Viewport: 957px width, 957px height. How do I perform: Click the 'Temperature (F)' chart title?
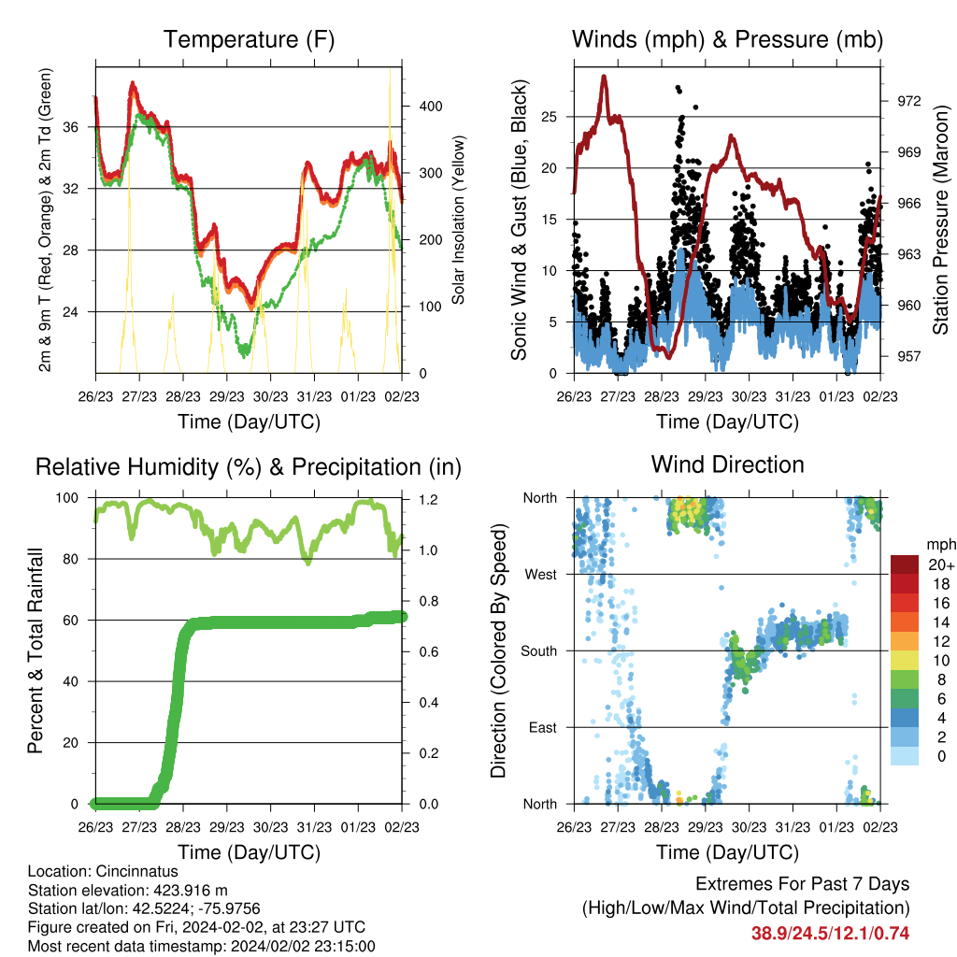point(249,39)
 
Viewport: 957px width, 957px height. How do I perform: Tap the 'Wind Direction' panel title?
point(727,464)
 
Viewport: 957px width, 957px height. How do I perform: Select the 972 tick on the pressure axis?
point(908,101)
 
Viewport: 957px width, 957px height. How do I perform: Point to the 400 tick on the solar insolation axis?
point(430,107)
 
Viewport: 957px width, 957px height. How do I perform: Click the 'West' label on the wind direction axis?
point(541,575)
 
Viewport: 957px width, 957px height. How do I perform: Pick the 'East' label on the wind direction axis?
point(543,727)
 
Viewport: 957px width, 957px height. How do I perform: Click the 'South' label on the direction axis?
point(539,651)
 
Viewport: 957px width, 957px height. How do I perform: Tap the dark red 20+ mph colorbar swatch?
point(905,564)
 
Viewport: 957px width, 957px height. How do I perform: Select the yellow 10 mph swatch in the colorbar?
point(905,661)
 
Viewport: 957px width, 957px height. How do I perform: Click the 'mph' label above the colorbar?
point(941,545)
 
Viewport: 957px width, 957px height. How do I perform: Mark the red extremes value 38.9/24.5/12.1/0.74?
point(830,934)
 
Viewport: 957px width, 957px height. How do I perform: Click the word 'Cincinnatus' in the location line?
point(137,871)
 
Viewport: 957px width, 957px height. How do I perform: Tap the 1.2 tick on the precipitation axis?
point(428,500)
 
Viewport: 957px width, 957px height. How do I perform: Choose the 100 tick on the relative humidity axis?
point(67,498)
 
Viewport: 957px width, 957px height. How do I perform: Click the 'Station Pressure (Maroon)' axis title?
point(940,221)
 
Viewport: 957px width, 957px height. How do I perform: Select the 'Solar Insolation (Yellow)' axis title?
point(458,220)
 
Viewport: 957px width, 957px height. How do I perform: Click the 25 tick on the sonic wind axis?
point(550,117)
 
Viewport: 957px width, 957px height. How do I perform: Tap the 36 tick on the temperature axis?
point(71,127)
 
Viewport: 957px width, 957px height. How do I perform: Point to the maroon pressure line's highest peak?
point(605,77)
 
